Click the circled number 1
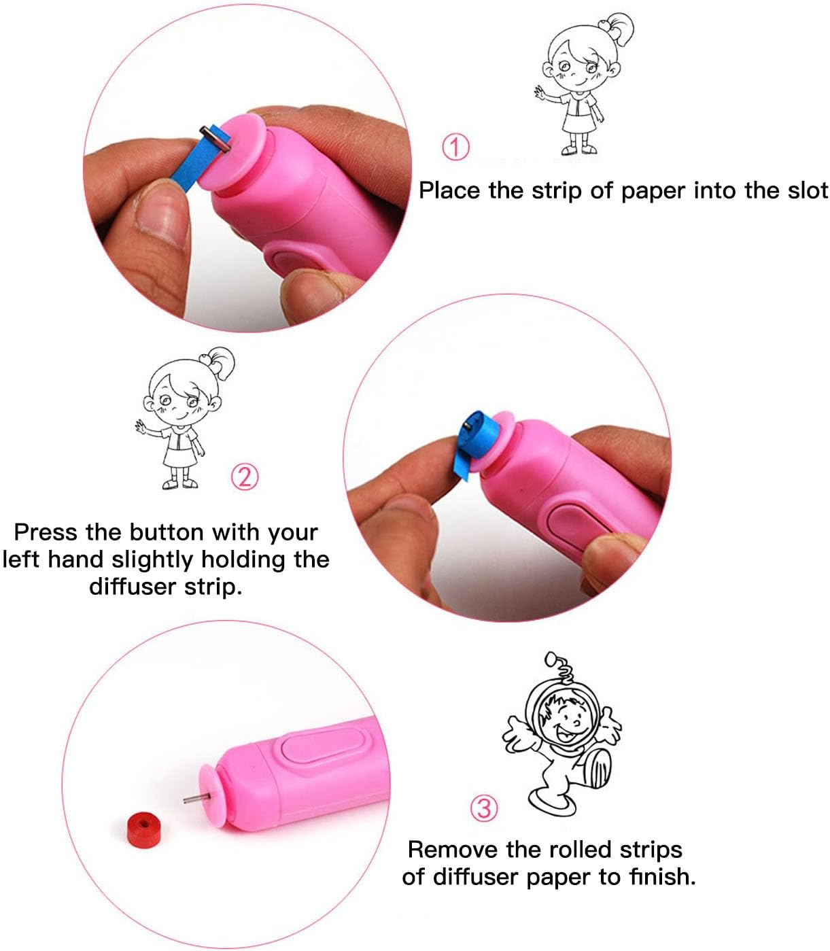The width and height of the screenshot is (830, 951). click(x=455, y=147)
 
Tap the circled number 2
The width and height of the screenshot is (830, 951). click(x=245, y=477)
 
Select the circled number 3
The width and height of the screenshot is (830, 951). click(x=484, y=808)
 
